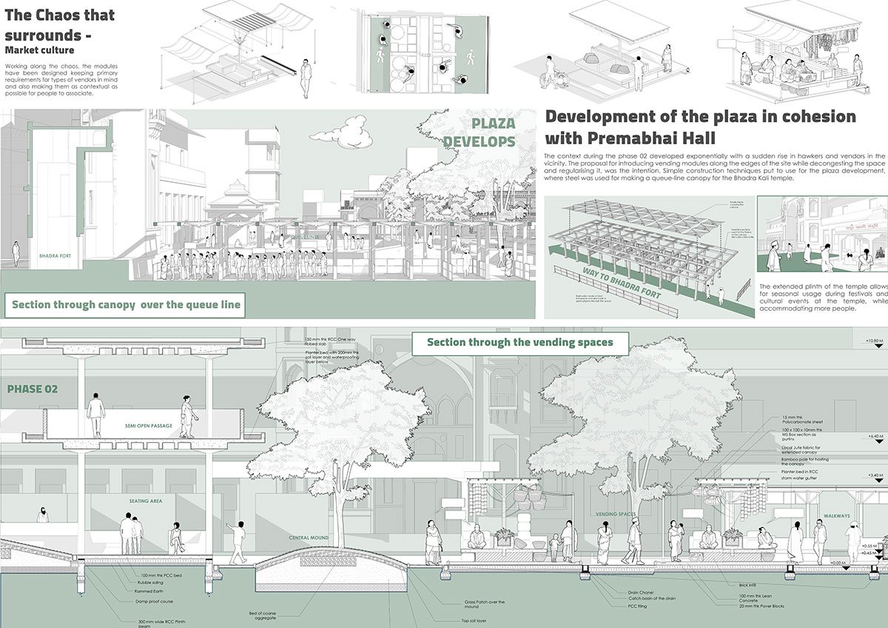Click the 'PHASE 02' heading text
[x=32, y=388]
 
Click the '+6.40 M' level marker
[x=874, y=437]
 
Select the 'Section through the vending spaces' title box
[x=520, y=343]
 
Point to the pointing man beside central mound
[x=238, y=541]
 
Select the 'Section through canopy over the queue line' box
[x=126, y=305]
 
